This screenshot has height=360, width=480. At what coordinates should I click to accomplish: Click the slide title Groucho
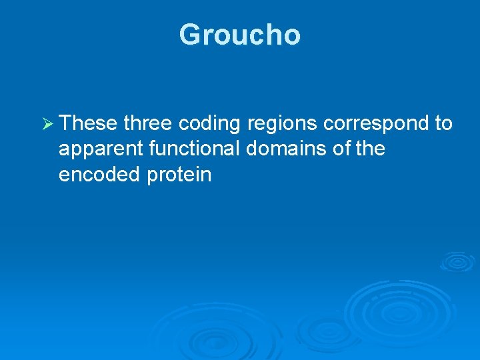coord(240,35)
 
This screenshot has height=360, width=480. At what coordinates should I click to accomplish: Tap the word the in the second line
coord(371,149)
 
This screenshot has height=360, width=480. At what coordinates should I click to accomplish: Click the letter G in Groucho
coord(190,35)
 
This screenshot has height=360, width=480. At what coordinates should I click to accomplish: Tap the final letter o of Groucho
coord(292,37)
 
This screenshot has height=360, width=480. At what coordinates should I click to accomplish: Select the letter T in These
coord(65,123)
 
